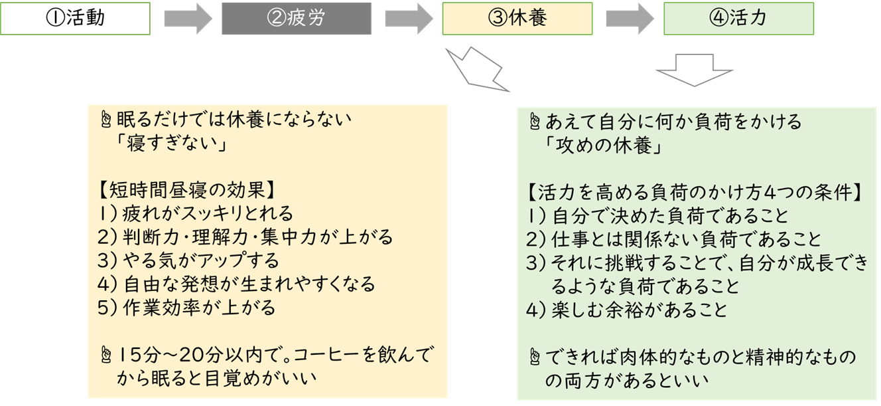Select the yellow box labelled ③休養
point(517,19)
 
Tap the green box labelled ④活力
point(738,19)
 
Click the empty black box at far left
point(76,19)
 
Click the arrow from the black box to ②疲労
point(188,19)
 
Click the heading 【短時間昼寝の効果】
point(185,191)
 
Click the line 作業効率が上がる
point(199,308)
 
